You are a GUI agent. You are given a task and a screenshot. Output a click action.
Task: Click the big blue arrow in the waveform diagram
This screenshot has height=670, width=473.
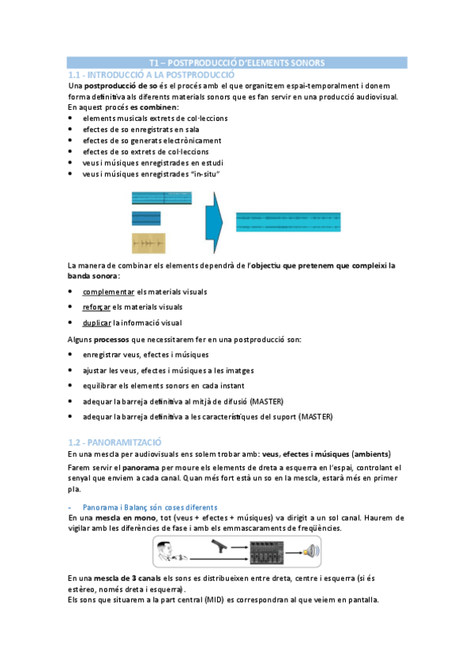point(212,219)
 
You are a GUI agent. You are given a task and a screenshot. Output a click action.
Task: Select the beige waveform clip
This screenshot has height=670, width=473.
point(148,243)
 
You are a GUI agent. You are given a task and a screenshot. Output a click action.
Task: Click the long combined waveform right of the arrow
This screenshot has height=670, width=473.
point(288,220)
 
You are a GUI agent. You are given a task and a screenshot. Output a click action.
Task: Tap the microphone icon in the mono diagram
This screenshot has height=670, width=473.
point(221,546)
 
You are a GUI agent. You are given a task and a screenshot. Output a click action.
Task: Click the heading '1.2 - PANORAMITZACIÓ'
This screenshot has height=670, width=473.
point(114,442)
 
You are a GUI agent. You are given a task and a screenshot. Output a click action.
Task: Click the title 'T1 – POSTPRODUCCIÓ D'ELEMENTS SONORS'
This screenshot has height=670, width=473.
point(236,62)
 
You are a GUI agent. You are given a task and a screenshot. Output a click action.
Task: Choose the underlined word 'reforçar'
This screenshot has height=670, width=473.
point(98,307)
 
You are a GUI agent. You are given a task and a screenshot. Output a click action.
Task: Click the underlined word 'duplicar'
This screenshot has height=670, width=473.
point(97,322)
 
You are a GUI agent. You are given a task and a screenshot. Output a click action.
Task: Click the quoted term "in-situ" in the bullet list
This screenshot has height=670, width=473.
point(205,173)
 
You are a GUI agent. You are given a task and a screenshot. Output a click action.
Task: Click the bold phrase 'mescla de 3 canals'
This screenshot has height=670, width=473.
point(132,578)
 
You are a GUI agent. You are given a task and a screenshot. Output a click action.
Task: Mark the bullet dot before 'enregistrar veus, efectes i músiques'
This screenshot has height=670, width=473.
point(72,355)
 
